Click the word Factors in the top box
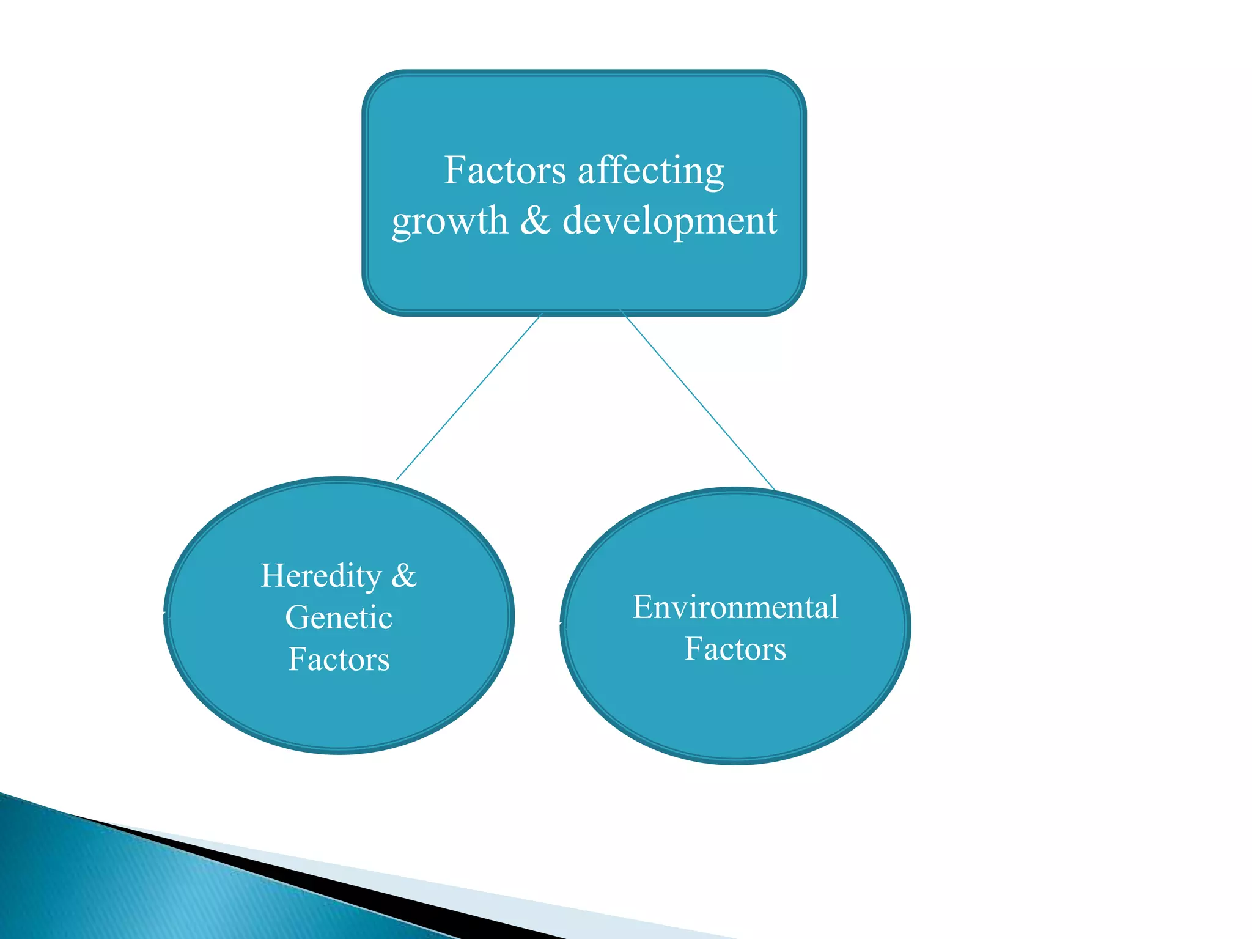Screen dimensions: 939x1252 pos(504,171)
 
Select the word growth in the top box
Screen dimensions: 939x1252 pos(449,221)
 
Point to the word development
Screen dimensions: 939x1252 pos(669,221)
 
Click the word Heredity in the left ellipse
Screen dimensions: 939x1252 pos(321,576)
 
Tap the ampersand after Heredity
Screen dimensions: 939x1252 pos(403,576)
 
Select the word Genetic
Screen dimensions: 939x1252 pos(339,617)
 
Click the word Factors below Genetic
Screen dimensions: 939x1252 pos(339,660)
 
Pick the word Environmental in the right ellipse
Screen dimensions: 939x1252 pos(735,608)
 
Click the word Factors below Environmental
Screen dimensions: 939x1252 pos(735,649)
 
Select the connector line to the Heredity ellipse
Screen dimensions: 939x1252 pos(469,397)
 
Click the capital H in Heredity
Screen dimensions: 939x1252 pos(271,576)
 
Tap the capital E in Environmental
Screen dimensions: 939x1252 pos(642,608)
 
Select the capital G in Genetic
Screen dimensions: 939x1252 pos(296,617)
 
